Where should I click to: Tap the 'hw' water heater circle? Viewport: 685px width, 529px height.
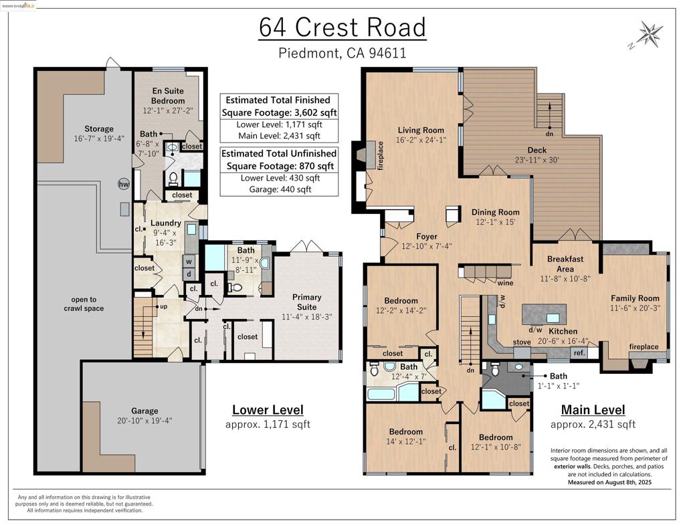tap(124, 184)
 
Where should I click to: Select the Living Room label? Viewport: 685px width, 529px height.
tap(421, 130)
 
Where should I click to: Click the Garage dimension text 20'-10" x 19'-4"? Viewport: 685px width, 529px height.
tap(144, 421)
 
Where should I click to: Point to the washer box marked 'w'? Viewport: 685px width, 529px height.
tap(189, 261)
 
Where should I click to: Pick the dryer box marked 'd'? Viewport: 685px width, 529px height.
tap(189, 274)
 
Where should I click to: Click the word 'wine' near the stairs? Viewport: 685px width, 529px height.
tap(506, 283)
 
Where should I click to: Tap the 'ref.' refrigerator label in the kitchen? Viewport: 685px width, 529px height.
tap(579, 352)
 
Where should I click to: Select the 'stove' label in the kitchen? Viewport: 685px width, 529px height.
tap(522, 342)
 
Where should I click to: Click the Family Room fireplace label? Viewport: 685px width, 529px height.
tap(644, 346)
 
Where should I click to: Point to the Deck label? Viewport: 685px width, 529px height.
tap(537, 150)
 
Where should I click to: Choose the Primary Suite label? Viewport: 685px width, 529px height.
tap(306, 302)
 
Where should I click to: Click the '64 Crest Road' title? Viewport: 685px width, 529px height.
tap(342, 27)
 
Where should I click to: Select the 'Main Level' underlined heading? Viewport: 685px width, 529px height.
tap(593, 410)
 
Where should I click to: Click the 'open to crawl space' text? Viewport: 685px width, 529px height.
tap(84, 304)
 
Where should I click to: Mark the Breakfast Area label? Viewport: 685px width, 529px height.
tap(565, 264)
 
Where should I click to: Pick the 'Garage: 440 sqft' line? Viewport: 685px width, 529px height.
tap(280, 189)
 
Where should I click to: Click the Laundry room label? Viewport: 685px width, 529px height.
tap(166, 223)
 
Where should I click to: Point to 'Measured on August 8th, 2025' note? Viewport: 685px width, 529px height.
tap(609, 482)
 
